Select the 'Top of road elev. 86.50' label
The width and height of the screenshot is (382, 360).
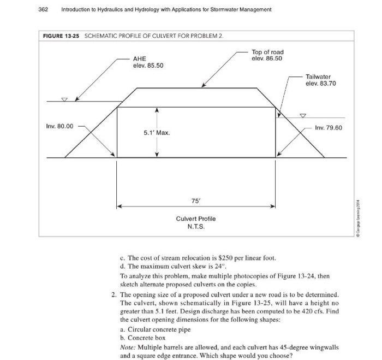coord(267,55)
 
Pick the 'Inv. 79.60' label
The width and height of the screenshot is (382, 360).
coord(329,127)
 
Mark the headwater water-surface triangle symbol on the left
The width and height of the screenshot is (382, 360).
coord(64,99)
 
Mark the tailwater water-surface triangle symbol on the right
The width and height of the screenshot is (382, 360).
coord(303,115)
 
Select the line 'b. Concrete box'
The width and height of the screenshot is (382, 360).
coord(144,338)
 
